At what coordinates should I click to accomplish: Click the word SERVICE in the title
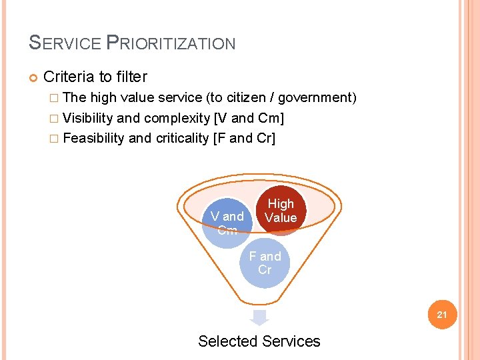pyautogui.click(x=65, y=43)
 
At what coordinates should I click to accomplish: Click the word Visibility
pyautogui.click(x=87, y=119)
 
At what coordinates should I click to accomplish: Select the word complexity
pyautogui.click(x=175, y=119)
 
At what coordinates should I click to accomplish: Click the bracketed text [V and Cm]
pyautogui.click(x=249, y=119)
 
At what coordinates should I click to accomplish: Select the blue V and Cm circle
pyautogui.click(x=227, y=221)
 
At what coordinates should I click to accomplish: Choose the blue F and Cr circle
pyautogui.click(x=265, y=263)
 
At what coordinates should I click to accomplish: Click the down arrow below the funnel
pyautogui.click(x=259, y=317)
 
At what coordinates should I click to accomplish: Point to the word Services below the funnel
pyautogui.click(x=290, y=341)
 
